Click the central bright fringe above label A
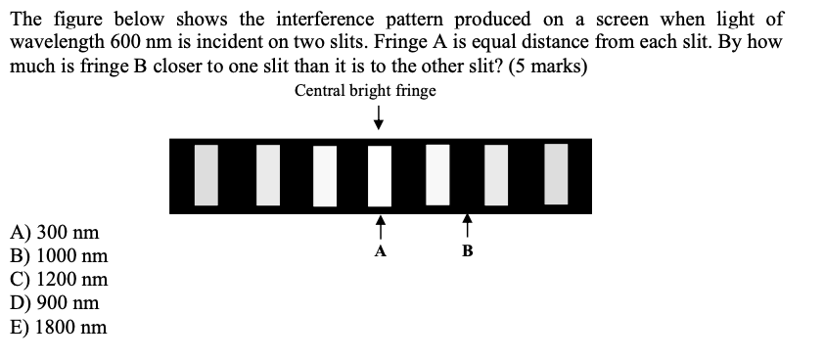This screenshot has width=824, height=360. click(x=380, y=175)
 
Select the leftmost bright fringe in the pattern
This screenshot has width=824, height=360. click(x=206, y=175)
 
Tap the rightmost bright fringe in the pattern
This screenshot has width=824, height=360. click(x=555, y=173)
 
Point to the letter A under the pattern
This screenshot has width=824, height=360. click(x=381, y=251)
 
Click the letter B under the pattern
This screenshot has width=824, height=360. click(x=467, y=251)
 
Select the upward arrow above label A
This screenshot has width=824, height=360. click(x=381, y=226)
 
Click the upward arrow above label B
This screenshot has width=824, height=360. click(x=468, y=226)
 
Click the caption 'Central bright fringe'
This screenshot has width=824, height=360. click(x=365, y=91)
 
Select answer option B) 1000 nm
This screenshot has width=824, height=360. click(x=59, y=257)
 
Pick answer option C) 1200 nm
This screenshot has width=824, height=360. click(x=59, y=281)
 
